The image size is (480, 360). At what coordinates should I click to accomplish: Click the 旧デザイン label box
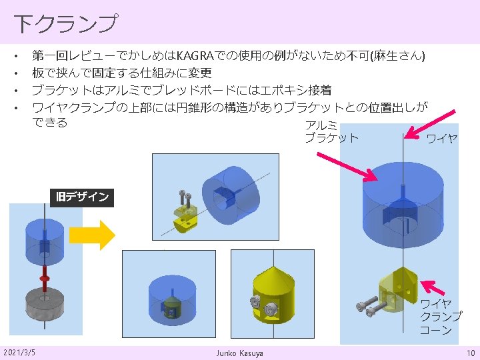[x=82, y=197]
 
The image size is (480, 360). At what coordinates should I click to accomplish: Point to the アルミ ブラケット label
[x=330, y=132]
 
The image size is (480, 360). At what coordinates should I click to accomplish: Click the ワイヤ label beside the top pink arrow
[x=441, y=139]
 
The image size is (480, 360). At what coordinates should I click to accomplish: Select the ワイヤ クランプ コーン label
[x=440, y=317]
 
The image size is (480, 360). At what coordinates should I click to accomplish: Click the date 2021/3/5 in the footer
[x=20, y=351]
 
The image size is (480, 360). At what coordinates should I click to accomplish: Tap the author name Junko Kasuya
[x=239, y=352]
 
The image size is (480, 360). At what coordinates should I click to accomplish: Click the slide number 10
[x=469, y=351]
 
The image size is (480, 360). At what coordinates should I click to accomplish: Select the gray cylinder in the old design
[x=44, y=305]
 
